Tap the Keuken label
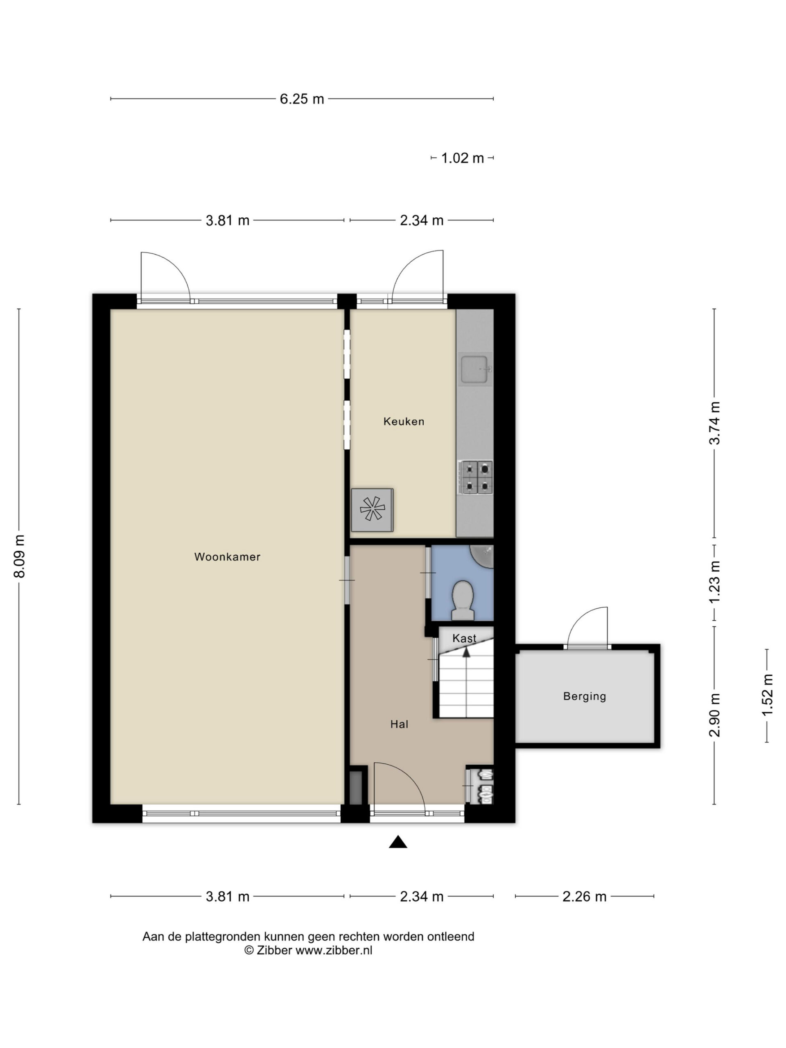(404, 421)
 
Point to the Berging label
(584, 696)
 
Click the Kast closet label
(464, 638)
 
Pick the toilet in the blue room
(463, 600)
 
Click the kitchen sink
(475, 369)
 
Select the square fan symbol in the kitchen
(372, 510)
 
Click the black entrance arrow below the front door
(398, 842)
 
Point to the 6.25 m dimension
(302, 99)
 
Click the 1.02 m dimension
(463, 158)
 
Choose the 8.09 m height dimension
(19, 557)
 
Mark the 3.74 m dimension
(714, 423)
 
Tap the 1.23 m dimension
(714, 582)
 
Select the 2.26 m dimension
(584, 897)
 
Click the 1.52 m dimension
(767, 695)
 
